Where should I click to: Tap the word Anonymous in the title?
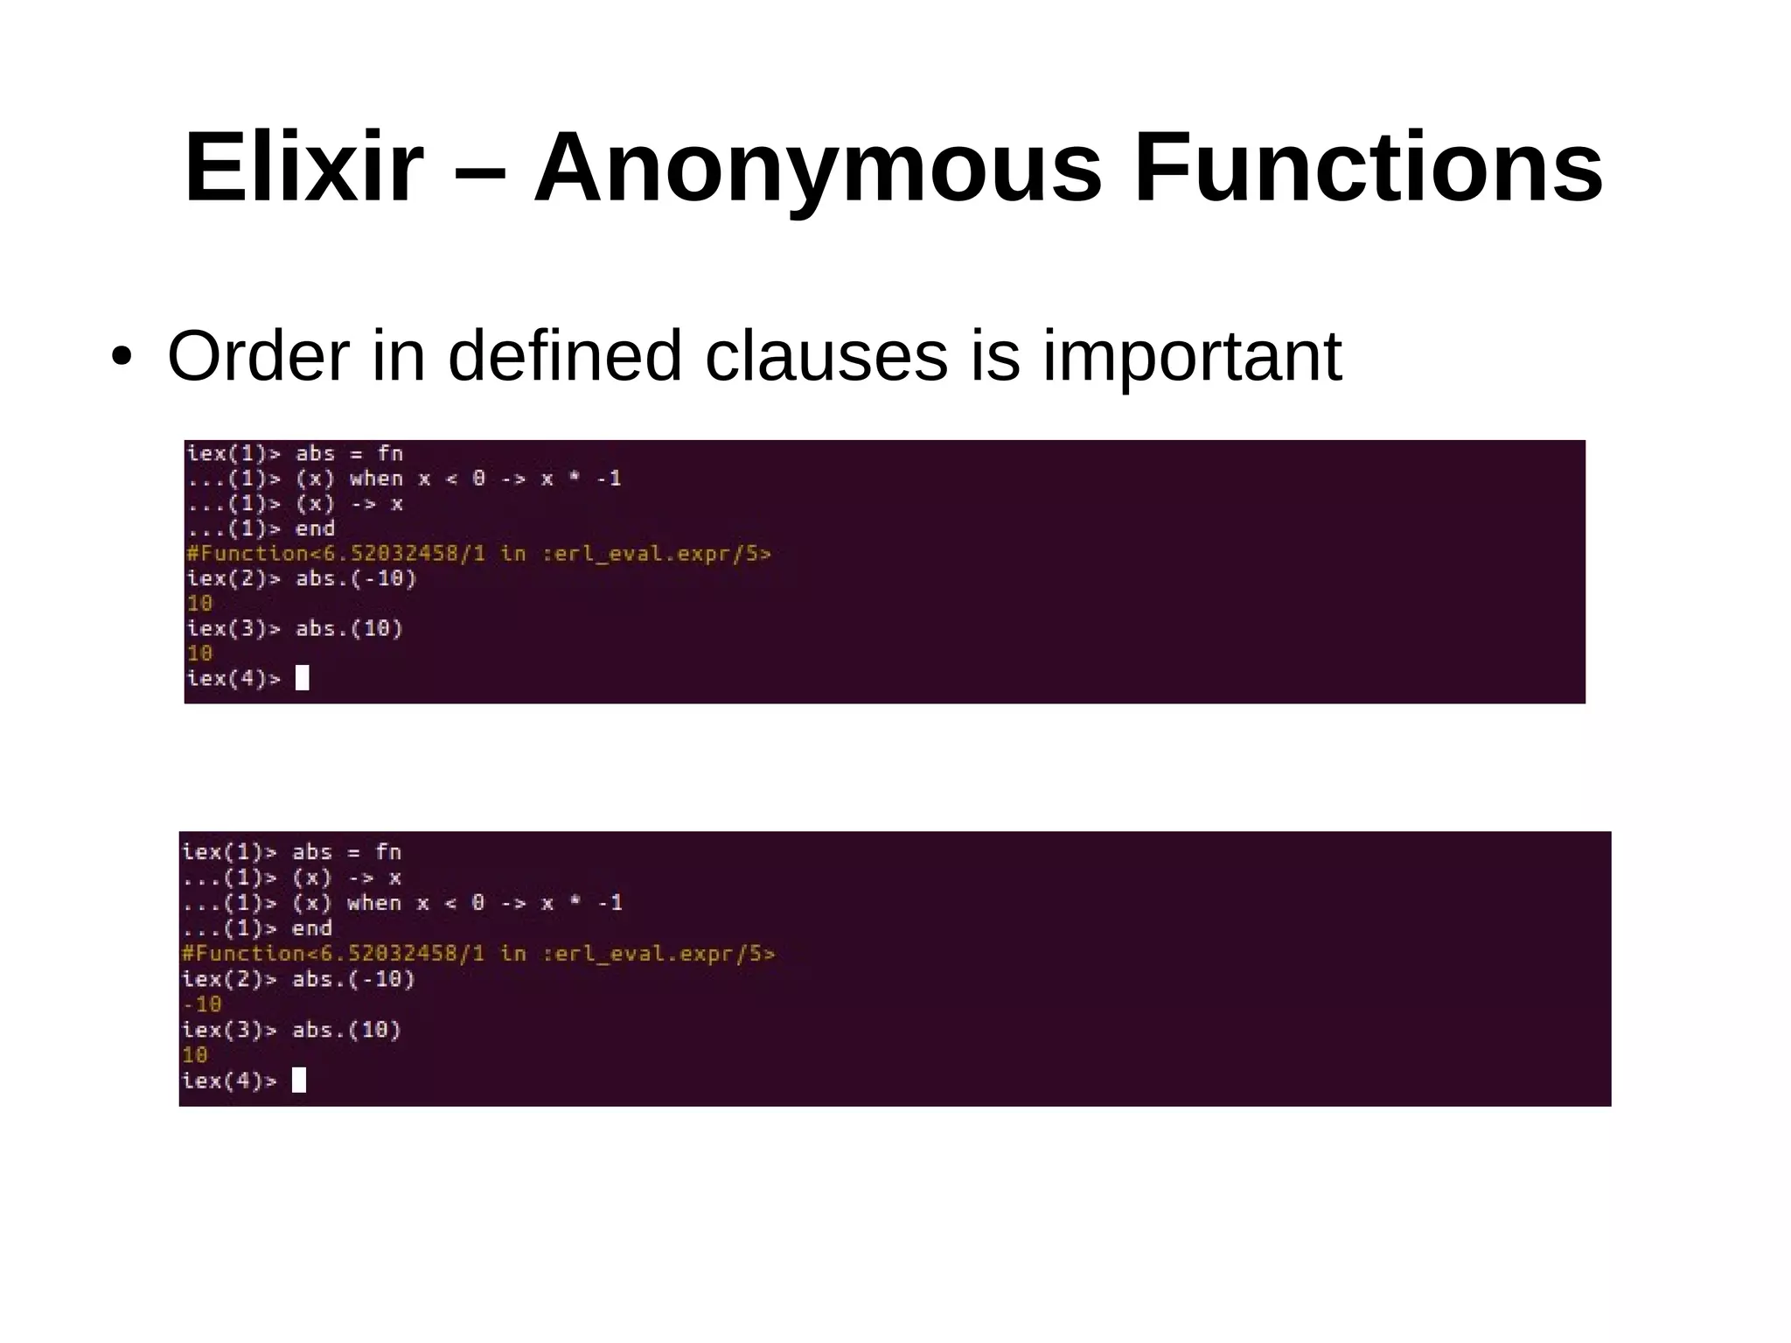click(x=817, y=168)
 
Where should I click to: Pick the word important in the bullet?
click(x=1192, y=357)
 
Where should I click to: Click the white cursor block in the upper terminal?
click(x=303, y=678)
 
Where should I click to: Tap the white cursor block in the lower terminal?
click(x=299, y=1081)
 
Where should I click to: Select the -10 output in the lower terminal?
click(x=202, y=1004)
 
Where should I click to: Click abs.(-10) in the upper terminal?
click(x=356, y=578)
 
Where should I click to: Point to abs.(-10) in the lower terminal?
click(x=353, y=979)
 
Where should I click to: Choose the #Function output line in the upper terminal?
click(x=478, y=554)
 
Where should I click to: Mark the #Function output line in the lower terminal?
click(x=477, y=954)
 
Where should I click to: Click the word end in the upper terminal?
click(x=315, y=528)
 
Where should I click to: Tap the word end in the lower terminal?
click(x=311, y=928)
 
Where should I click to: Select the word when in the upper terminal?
click(x=376, y=479)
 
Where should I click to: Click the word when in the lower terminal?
click(x=374, y=903)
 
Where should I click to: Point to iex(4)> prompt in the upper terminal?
click(x=233, y=678)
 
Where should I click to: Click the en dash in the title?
click(x=479, y=168)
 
